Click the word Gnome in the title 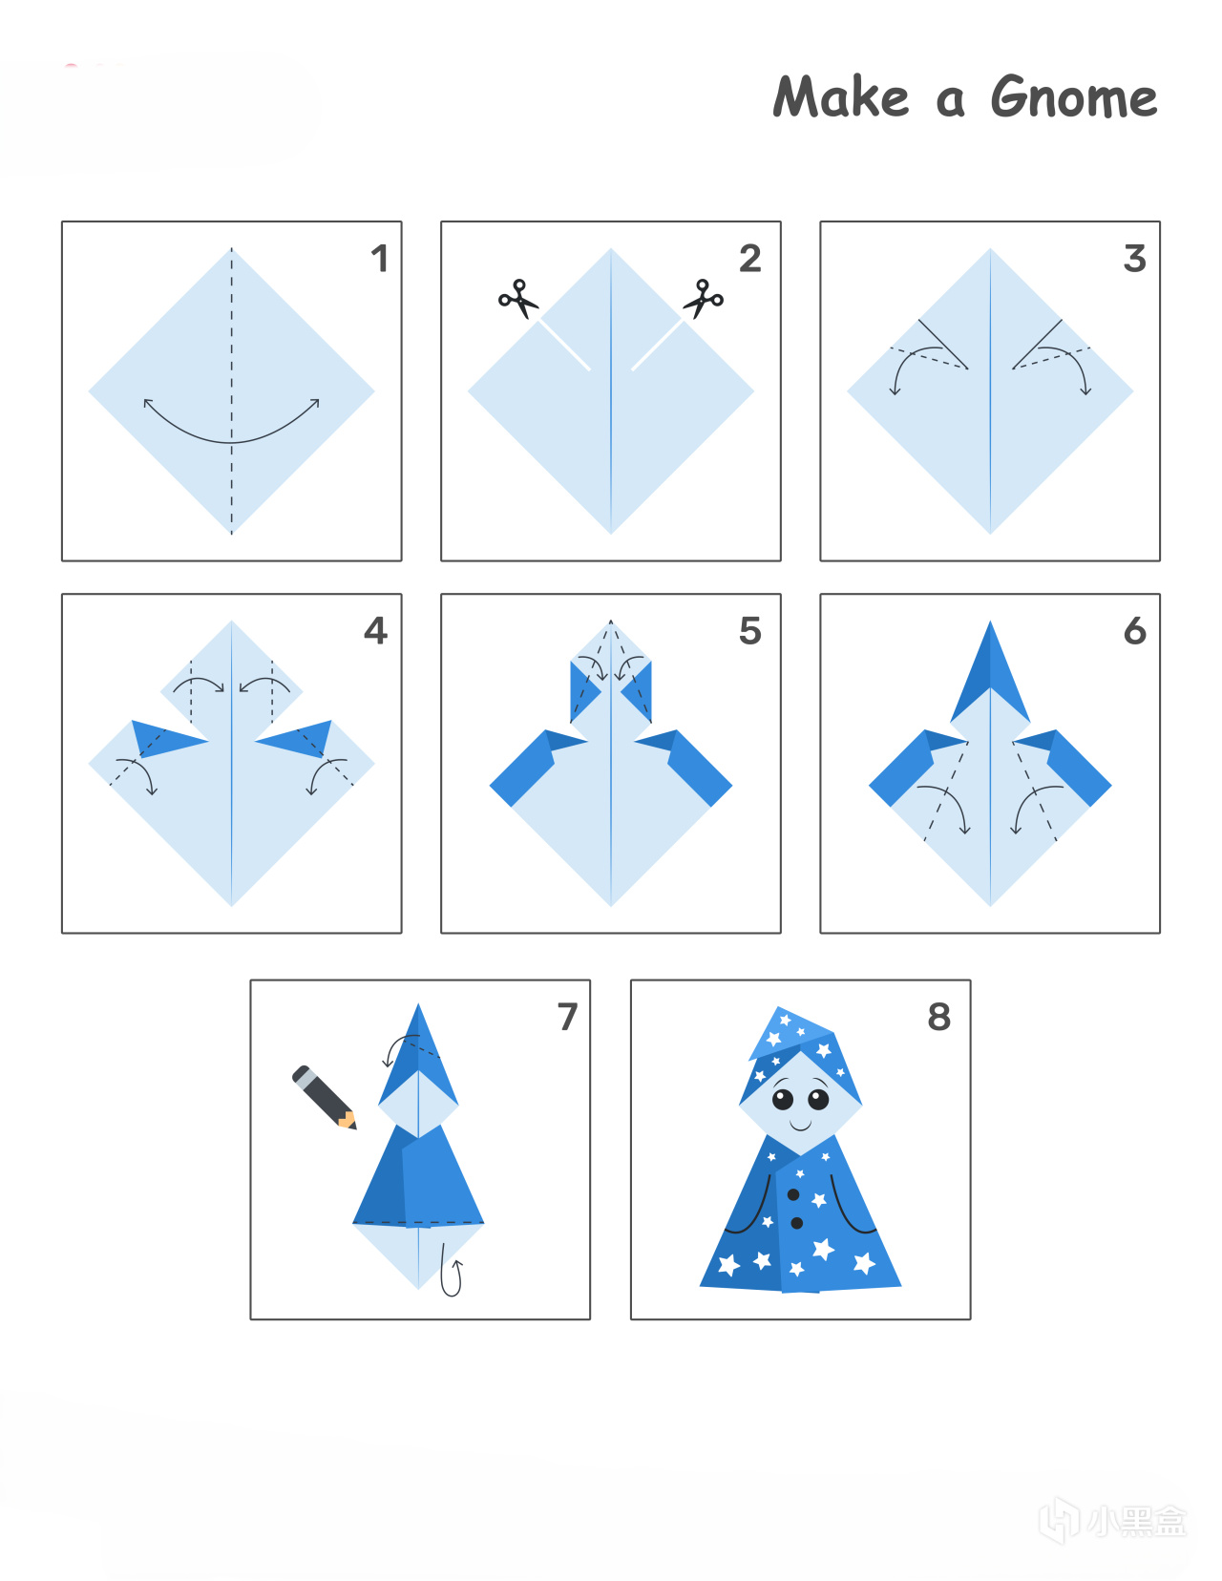[1074, 96]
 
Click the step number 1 [380, 259]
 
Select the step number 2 [750, 259]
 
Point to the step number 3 [1134, 259]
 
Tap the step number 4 [375, 631]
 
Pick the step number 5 [750, 631]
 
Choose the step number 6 [1135, 631]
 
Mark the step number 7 [567, 1017]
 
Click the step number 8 [939, 1017]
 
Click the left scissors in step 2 [518, 298]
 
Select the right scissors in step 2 [704, 298]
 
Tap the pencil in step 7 [324, 1097]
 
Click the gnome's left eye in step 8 [783, 1100]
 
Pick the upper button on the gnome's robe [793, 1194]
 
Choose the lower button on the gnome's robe [797, 1224]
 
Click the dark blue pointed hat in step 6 [990, 669]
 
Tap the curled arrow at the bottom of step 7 [451, 1272]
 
